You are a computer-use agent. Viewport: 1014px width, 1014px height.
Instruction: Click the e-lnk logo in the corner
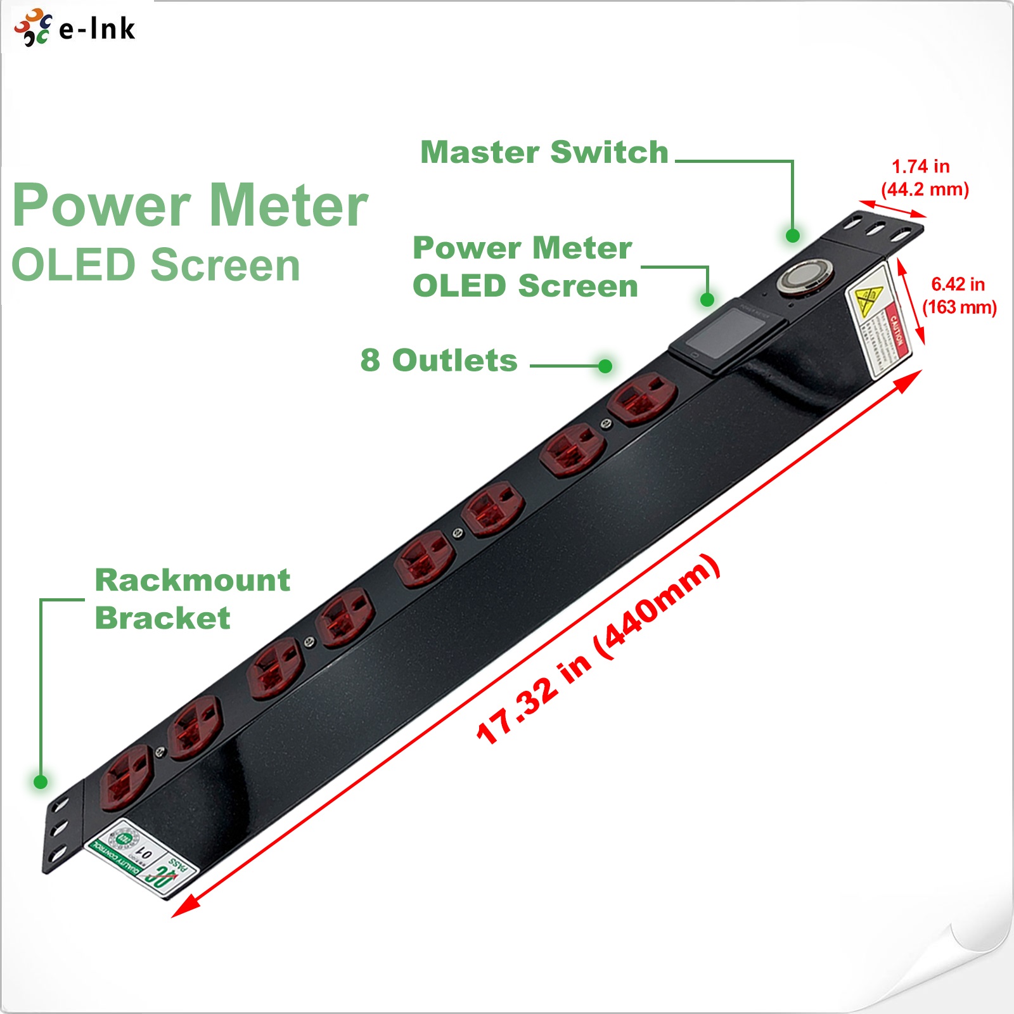coord(75,28)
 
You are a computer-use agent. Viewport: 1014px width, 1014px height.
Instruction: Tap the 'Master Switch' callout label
coord(544,152)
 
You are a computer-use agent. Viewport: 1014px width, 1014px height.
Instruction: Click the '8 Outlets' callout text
coord(439,361)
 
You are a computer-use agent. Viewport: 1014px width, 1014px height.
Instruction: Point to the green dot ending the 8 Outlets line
coord(605,366)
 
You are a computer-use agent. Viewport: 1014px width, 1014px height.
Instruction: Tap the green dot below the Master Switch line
coord(792,236)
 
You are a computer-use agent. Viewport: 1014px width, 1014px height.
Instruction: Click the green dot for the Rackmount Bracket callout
coord(41,781)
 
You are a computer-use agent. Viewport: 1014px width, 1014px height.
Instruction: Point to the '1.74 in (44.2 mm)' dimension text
coord(923,178)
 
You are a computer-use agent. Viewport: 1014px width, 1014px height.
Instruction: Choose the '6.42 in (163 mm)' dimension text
coord(958,296)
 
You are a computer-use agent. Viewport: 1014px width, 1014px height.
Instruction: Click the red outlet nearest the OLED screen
coord(641,398)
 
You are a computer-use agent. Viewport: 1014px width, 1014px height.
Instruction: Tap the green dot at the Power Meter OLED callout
coord(707,299)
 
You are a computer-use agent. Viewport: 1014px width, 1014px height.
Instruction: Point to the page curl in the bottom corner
coord(979,979)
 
